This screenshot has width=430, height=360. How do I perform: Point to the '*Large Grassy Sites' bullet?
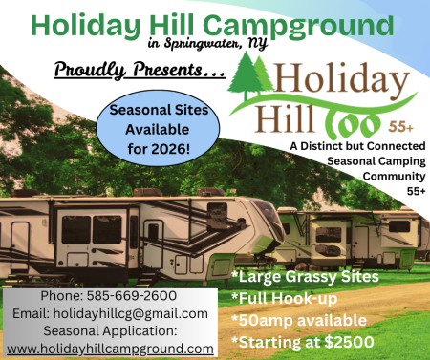tap(304, 277)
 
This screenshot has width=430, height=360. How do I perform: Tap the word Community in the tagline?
tap(389, 175)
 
